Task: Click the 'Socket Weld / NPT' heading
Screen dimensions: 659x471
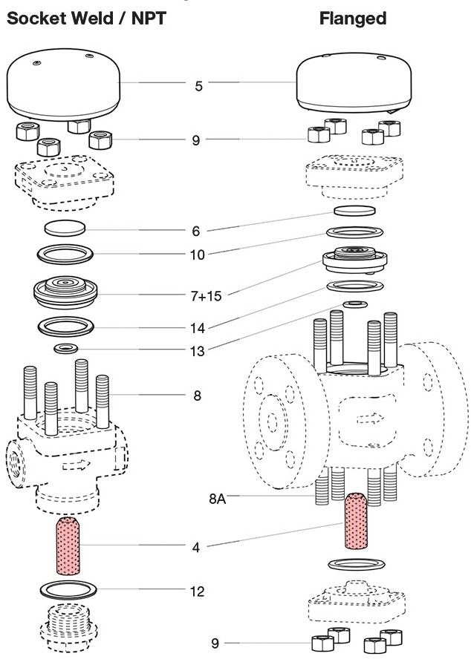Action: [85, 19]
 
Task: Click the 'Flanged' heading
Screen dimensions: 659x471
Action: [353, 19]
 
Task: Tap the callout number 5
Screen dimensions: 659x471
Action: [198, 86]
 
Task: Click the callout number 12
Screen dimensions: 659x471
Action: [197, 591]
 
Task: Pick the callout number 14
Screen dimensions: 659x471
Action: [197, 327]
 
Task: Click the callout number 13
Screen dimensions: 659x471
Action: [197, 350]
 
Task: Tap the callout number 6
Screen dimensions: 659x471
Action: [197, 232]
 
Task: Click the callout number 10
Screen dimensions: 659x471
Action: [197, 255]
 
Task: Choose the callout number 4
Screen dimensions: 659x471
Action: [196, 548]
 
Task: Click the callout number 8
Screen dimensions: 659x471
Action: [197, 396]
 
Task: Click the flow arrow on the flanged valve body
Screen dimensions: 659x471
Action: [366, 419]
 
